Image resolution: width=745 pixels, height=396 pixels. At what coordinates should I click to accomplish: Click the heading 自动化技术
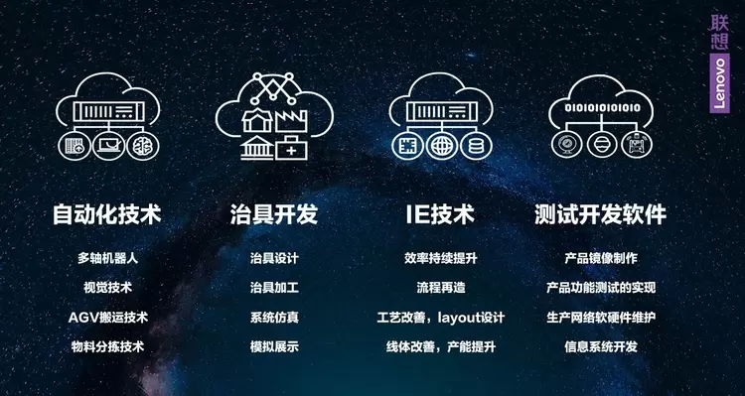pos(107,214)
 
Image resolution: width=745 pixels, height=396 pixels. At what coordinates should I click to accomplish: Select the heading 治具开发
pos(274,214)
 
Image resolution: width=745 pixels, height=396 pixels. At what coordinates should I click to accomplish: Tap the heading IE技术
pos(440,214)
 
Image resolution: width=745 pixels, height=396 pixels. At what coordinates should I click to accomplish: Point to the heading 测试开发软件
pos(601,214)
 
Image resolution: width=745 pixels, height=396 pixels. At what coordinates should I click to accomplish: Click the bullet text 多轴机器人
pos(108,258)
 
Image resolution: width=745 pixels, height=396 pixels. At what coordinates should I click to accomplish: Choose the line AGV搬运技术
pos(108,318)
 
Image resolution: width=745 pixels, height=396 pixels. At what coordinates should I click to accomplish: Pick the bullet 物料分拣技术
pos(108,346)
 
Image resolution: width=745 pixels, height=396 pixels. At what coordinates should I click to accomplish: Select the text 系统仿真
pos(274,318)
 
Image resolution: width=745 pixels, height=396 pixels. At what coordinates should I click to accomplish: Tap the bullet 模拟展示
pos(274,346)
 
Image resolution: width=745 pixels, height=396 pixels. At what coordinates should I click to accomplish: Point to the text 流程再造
pos(441,288)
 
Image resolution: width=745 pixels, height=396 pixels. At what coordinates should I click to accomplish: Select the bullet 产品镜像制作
pos(601,258)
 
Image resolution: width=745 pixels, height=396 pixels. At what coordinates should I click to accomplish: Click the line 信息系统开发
pos(601,346)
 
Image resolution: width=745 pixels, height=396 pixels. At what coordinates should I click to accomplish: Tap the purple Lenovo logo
pos(719,83)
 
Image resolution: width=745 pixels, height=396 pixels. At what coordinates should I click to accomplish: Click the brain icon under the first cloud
pos(143,145)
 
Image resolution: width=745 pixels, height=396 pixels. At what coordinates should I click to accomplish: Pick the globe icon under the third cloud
pos(442,145)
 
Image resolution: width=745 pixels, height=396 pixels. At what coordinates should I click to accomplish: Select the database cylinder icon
pos(476,145)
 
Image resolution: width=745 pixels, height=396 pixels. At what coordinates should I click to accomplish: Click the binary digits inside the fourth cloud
pos(602,108)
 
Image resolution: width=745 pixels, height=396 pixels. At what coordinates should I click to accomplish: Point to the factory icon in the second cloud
pos(292,121)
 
